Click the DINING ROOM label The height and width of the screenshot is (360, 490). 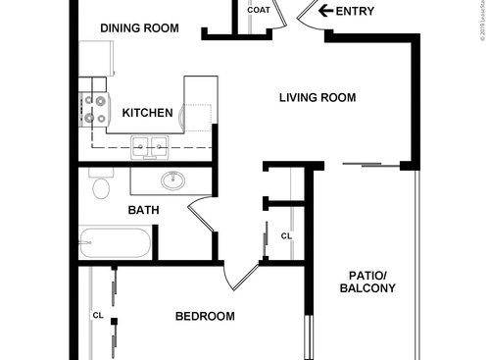point(139,28)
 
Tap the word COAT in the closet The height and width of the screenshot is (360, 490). point(259,11)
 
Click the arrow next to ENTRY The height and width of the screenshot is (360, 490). point(324,12)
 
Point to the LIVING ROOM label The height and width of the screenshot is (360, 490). point(317,98)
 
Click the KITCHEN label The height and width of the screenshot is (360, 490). point(148,114)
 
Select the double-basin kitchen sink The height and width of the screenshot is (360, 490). point(150,147)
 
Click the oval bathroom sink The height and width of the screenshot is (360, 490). point(173,180)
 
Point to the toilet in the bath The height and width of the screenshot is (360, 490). point(99,186)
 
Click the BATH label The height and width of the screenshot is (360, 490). point(144,210)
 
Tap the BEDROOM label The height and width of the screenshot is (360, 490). point(205,316)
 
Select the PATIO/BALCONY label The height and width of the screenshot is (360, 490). point(367,282)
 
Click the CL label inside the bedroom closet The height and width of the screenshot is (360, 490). point(98,316)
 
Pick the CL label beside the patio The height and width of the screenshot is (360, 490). point(286,236)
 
